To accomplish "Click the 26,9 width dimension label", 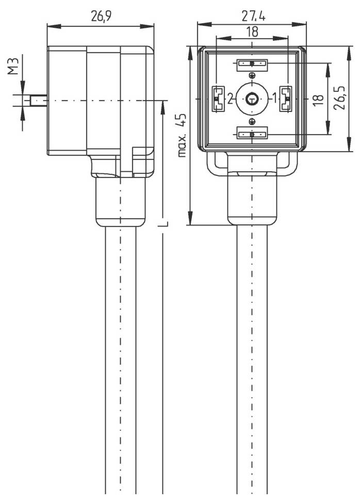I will (x=101, y=15).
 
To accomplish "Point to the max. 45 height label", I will (x=181, y=135).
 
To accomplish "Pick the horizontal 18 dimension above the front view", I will (x=252, y=31).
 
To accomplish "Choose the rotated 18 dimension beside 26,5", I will (x=318, y=98).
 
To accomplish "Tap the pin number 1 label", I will (x=274, y=98).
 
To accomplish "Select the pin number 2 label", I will (x=230, y=98).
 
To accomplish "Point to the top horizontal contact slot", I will (x=252, y=64).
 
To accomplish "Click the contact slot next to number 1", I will (x=285, y=98).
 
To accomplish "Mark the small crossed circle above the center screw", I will (x=252, y=75).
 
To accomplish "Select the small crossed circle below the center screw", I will (x=252, y=121).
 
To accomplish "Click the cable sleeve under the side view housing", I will (x=120, y=201).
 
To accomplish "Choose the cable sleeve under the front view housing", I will (x=252, y=201).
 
